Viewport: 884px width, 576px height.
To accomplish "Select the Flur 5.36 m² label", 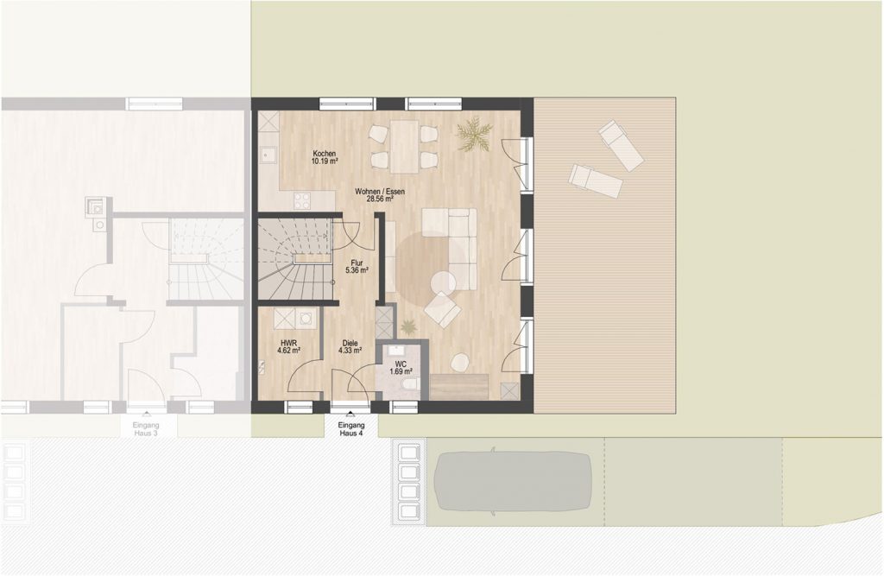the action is tap(357, 266).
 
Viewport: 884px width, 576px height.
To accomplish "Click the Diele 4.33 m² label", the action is tap(350, 346).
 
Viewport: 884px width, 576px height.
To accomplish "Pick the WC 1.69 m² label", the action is tap(401, 368).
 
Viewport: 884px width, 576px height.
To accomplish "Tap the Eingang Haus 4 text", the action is tap(351, 429).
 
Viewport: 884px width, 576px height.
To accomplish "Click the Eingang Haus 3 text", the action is tap(145, 429).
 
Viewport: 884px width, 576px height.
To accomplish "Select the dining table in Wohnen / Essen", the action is tap(404, 147).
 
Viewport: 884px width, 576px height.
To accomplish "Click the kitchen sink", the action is tap(268, 154).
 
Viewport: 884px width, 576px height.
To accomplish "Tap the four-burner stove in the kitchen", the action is tap(302, 201).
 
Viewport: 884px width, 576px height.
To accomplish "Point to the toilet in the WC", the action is tap(408, 384).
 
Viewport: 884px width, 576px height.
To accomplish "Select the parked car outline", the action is tap(513, 481).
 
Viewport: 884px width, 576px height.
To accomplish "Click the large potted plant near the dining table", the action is tap(474, 134).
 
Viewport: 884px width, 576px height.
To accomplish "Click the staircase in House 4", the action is tap(294, 260).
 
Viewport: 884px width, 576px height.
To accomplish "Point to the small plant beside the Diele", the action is tap(407, 326).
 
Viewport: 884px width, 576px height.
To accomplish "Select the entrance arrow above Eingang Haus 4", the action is tap(350, 414).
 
